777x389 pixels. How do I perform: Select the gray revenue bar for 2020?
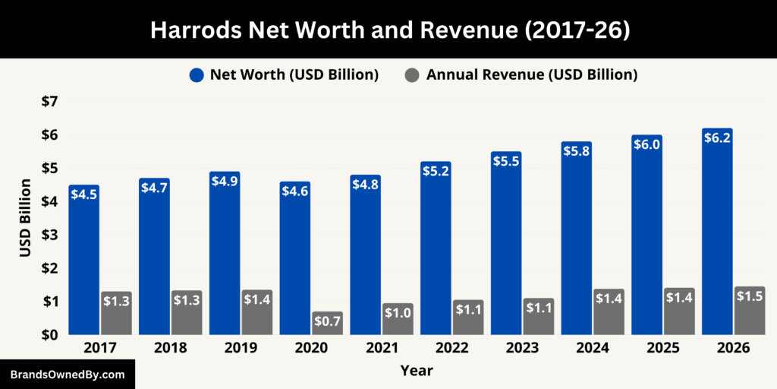pos(327,323)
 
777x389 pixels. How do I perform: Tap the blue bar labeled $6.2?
pos(717,236)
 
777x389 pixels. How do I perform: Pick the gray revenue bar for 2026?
pos(750,312)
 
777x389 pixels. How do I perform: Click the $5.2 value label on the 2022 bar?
pos(436,170)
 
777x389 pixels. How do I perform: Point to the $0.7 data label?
pos(327,321)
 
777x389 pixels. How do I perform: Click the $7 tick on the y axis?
pos(48,102)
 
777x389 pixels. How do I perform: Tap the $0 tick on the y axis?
pos(48,335)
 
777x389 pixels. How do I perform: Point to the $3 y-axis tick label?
pos(48,235)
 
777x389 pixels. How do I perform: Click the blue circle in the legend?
pos(197,75)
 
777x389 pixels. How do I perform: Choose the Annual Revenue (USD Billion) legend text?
pos(531,75)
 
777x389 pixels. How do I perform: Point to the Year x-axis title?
pos(417,371)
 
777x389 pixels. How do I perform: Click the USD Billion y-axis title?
pos(25,218)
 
